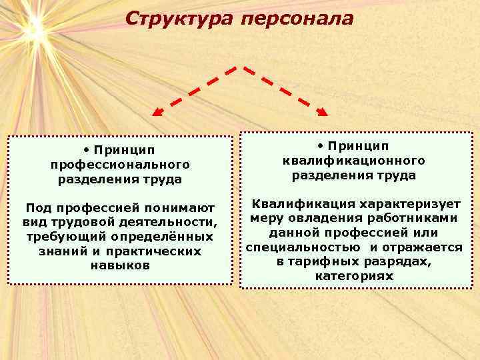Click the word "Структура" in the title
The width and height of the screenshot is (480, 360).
178,19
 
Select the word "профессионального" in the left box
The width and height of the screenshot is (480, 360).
120,164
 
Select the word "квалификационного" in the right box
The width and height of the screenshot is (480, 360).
354,161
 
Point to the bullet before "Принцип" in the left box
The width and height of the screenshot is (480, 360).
87,148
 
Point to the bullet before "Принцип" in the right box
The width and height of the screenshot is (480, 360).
321,145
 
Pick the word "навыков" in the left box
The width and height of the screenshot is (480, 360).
120,265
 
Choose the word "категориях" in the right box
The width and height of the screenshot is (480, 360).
354,276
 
